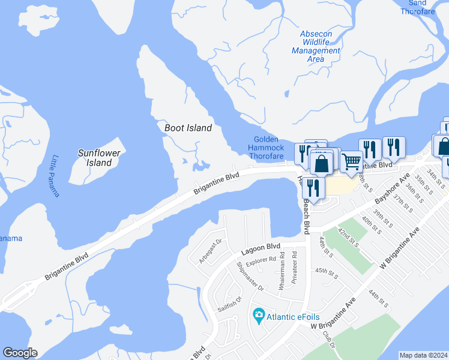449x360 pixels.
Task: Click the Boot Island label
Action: tap(188, 128)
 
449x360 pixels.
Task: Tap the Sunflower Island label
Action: tap(99, 158)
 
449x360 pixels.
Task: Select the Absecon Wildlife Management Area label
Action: tap(316, 46)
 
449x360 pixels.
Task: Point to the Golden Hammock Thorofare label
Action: tap(267, 148)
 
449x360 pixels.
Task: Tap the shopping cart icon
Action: tap(351, 161)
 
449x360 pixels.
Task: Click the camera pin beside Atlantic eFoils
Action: tap(259, 314)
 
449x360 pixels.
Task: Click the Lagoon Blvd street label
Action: tap(261, 247)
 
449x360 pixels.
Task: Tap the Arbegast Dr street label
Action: tap(211, 250)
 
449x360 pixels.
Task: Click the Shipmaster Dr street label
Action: tap(250, 276)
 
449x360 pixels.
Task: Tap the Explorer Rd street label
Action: tap(265, 259)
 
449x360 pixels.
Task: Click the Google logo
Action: tap(20, 353)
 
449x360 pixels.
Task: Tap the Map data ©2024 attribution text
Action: tap(423, 355)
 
